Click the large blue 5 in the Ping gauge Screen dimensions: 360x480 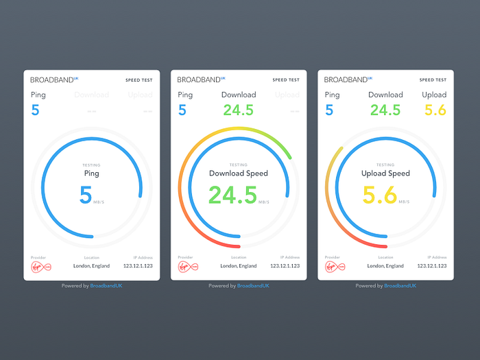(86, 195)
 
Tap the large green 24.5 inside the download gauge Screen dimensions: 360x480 (232, 195)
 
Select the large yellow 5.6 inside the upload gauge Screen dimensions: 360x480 (379, 195)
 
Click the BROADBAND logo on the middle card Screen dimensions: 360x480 (201, 80)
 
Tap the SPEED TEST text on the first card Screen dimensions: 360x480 (139, 80)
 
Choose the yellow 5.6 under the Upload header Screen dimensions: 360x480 (435, 110)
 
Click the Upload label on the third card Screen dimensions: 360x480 (434, 95)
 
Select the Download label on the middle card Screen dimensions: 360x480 (239, 95)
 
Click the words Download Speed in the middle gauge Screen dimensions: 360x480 (239, 173)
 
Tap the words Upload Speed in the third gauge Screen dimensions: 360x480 (385, 173)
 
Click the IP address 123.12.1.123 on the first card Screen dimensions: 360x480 (137, 265)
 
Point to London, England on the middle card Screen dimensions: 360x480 (239, 265)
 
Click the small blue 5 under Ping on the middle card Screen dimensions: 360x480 (182, 110)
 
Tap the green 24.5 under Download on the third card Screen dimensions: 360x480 (385, 110)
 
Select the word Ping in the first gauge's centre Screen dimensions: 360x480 (91, 173)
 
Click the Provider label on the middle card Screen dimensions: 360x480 (185, 257)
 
